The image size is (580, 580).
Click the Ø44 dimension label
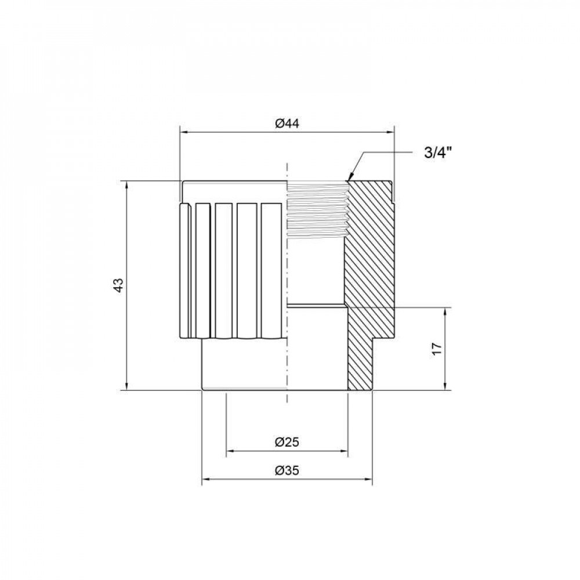tap(287, 124)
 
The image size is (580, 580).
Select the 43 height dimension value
tap(118, 285)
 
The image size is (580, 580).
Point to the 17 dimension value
tap(437, 349)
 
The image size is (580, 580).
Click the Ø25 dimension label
tap(287, 442)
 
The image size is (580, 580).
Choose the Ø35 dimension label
tap(287, 471)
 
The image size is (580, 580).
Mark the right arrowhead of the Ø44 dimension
tap(390, 132)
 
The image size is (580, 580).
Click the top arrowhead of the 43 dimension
tap(127, 185)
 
